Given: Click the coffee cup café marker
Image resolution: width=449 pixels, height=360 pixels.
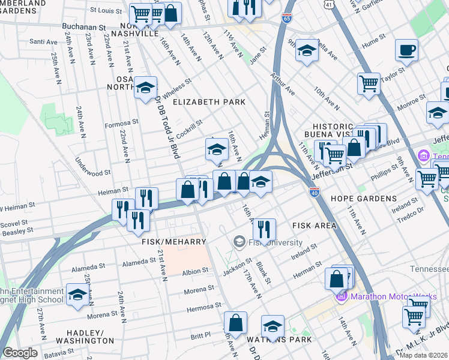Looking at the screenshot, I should [406, 50].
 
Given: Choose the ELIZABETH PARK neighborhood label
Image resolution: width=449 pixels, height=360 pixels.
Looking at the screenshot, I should [209, 102].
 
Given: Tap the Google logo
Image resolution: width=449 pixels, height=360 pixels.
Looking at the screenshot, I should [20, 353].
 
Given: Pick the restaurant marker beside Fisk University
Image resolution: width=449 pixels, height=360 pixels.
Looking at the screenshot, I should [264, 229].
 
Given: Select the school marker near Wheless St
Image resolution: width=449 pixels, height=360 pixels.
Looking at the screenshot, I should [145, 88].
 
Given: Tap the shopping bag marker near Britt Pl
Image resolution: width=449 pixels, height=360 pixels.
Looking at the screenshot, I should [235, 322].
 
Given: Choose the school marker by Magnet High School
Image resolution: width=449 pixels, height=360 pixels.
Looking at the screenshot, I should [77, 294].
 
